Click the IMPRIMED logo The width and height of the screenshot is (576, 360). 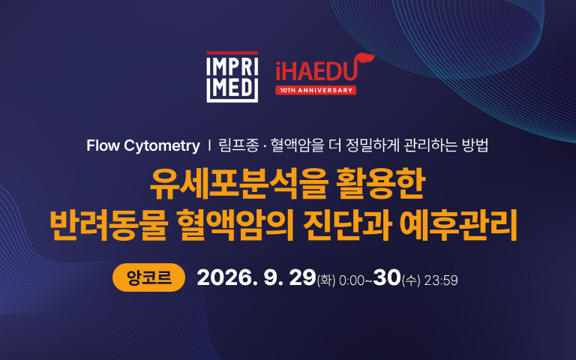[x=232, y=76]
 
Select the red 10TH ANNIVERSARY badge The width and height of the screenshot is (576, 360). [x=316, y=90]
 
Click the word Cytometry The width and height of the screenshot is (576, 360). [x=162, y=146]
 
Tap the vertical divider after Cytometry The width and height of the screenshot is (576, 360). [x=209, y=145]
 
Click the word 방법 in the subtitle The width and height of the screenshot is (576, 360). [x=475, y=145]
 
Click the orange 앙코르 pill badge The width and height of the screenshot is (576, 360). [x=148, y=277]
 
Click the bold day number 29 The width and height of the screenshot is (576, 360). [x=302, y=277]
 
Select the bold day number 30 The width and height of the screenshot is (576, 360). [x=387, y=277]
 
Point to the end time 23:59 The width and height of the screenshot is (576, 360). [x=441, y=280]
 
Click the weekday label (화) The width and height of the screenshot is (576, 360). [x=325, y=280]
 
